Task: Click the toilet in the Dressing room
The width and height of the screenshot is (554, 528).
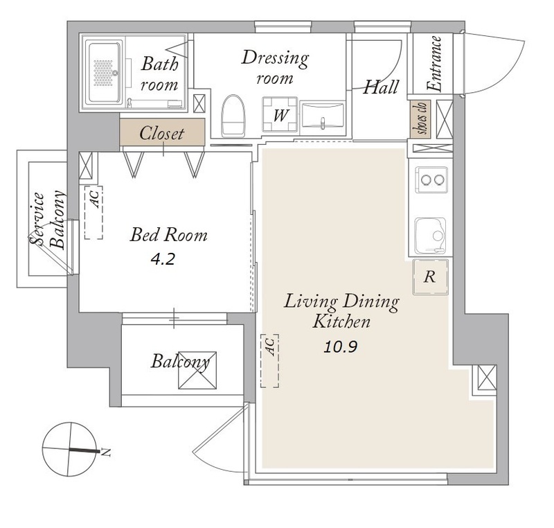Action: pos(233,116)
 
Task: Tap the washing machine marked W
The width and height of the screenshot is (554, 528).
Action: pos(280,114)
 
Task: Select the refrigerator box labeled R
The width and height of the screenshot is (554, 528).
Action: pos(430,276)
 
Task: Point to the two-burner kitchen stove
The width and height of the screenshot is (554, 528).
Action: pos(431,180)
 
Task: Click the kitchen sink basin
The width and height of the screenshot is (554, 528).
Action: pos(430,236)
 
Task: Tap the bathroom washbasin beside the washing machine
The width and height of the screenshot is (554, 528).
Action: pos(322,115)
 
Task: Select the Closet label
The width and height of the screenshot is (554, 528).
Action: pos(162,133)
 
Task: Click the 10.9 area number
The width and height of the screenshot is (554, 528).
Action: pos(341,347)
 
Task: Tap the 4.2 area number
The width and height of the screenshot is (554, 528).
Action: pos(163,260)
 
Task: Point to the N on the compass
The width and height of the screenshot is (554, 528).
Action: pos(105,452)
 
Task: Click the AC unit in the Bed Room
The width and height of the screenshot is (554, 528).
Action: pos(93,213)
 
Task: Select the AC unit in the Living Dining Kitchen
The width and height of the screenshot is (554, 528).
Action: pos(270,360)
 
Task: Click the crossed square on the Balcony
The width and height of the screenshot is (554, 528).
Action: pos(197,370)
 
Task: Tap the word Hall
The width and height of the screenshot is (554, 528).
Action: pos(382,87)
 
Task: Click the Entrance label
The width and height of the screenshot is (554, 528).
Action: pos(435,64)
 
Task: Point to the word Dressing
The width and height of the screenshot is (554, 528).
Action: pos(275,58)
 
